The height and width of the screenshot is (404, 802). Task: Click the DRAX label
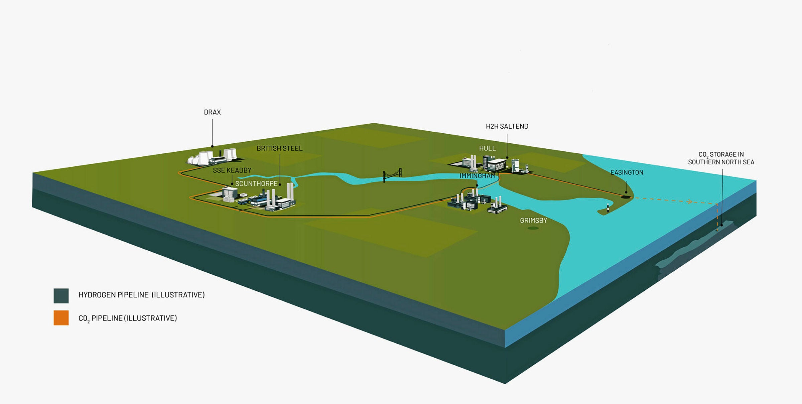tap(212, 112)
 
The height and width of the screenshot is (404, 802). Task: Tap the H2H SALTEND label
tap(507, 126)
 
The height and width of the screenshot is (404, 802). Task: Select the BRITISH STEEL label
tap(279, 148)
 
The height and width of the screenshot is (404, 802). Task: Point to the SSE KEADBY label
tap(232, 170)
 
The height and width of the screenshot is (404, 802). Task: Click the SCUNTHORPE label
tap(256, 184)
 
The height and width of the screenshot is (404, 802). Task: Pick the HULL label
tap(487, 148)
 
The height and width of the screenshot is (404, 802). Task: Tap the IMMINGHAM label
tap(477, 176)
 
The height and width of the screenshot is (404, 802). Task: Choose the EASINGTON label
tap(627, 172)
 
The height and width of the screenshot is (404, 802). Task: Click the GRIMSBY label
tap(533, 221)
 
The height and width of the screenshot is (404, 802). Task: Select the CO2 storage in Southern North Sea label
tap(721, 158)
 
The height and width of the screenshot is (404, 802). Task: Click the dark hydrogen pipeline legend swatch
tap(61, 296)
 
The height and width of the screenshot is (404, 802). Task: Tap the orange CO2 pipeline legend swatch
tap(61, 317)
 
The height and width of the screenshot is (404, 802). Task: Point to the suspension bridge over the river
tap(392, 175)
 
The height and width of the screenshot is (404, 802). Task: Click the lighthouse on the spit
tap(608, 208)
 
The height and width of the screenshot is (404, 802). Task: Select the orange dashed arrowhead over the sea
tap(689, 201)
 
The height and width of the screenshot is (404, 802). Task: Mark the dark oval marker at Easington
tap(626, 197)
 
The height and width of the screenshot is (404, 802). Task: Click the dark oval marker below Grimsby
tap(533, 228)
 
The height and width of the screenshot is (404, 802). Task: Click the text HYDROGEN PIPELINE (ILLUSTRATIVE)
tap(141, 295)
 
